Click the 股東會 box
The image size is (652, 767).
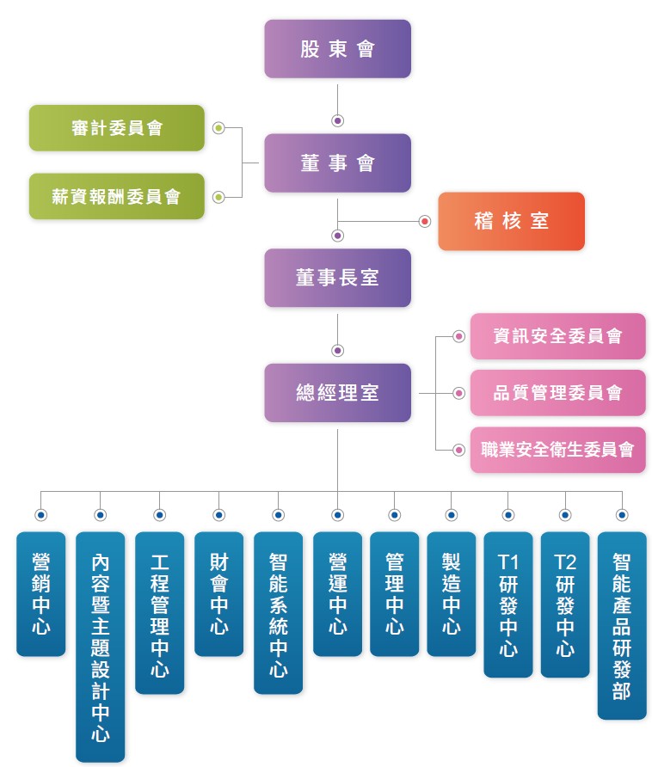337,49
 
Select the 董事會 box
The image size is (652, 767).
337,163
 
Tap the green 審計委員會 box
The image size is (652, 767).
116,128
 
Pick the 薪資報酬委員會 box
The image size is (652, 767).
116,196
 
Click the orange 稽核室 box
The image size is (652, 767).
511,221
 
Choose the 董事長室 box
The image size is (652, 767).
337,278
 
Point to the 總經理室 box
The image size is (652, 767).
337,393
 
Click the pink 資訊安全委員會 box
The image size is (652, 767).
558,336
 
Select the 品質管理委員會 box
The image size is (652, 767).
558,393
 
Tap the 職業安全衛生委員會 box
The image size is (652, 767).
558,450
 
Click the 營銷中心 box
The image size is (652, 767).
40,594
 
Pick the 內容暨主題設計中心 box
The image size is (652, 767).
101,647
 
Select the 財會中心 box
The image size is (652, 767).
218,594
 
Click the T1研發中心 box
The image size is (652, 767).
508,604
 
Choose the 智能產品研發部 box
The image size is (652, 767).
622,626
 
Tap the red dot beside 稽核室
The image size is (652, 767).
425,222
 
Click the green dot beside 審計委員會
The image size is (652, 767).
218,128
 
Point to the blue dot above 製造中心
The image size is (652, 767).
452,515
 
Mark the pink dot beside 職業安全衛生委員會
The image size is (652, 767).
458,450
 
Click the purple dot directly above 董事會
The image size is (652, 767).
337,120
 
